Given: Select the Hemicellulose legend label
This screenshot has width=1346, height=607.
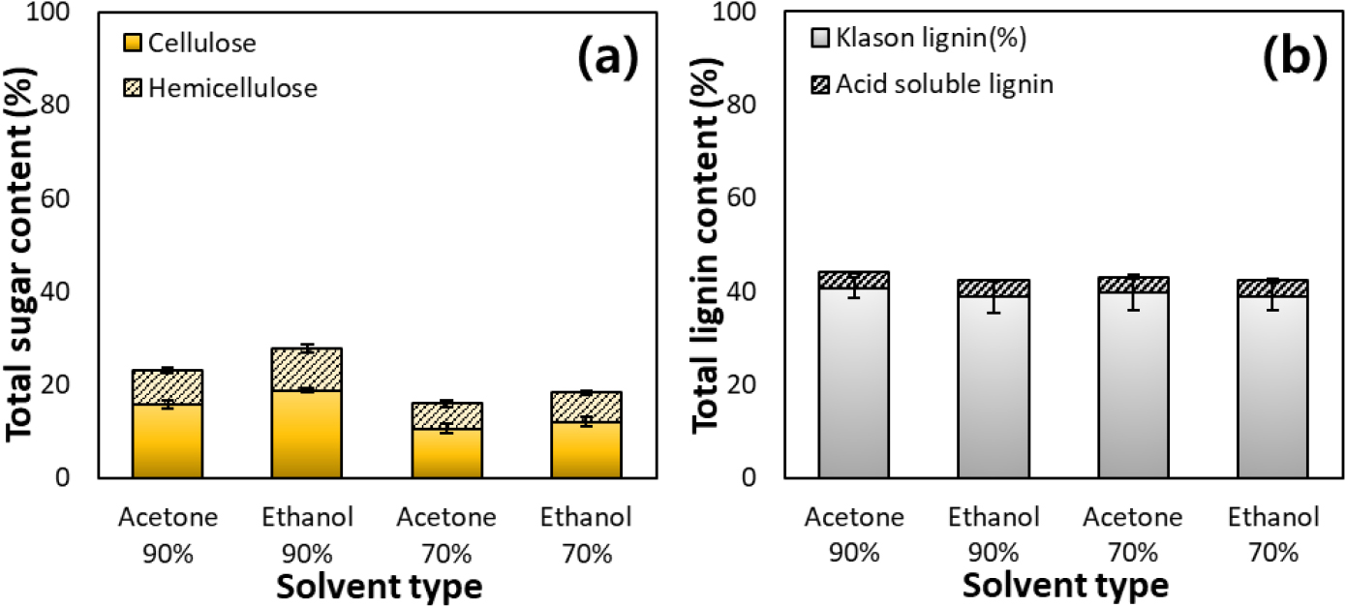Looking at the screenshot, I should click(x=233, y=88).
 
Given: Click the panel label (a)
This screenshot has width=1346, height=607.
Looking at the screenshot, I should click(x=608, y=61).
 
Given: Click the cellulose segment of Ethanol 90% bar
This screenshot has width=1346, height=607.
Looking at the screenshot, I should click(x=306, y=434).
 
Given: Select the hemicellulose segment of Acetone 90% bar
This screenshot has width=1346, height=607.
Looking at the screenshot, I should click(x=167, y=387).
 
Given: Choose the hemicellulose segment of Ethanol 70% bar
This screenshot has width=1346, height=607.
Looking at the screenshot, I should click(x=586, y=408).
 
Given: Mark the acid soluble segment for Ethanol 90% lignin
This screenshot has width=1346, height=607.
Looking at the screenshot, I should click(x=994, y=288).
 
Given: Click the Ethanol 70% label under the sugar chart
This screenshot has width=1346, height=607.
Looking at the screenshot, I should click(x=586, y=535).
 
